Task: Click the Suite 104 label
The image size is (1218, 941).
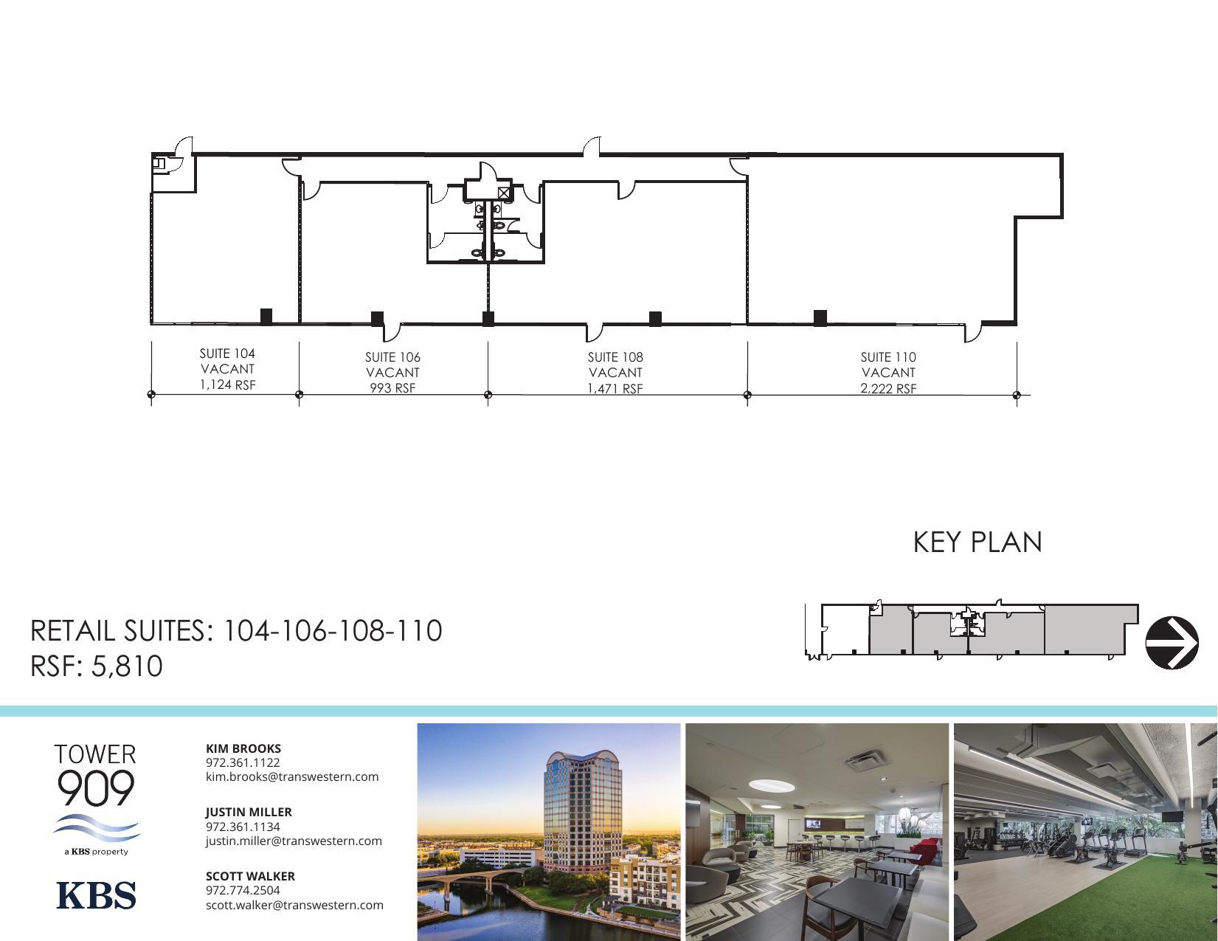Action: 227,354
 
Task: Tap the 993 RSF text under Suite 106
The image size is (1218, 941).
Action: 392,388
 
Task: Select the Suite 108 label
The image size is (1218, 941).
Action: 615,357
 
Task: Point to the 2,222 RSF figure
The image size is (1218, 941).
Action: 888,388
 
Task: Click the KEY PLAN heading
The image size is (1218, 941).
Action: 977,542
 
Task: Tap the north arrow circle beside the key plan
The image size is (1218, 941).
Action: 1172,642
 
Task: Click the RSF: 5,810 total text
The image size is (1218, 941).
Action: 97,666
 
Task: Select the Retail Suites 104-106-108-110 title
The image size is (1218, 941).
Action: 236,631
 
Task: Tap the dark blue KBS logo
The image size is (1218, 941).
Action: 96,895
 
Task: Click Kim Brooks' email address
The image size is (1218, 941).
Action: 292,776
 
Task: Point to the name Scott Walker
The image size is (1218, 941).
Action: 250,876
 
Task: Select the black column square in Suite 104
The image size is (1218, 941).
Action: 266,317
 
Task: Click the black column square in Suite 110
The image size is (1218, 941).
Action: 820,318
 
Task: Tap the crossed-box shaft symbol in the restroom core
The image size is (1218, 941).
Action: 504,193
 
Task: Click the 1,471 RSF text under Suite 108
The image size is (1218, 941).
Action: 615,388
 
